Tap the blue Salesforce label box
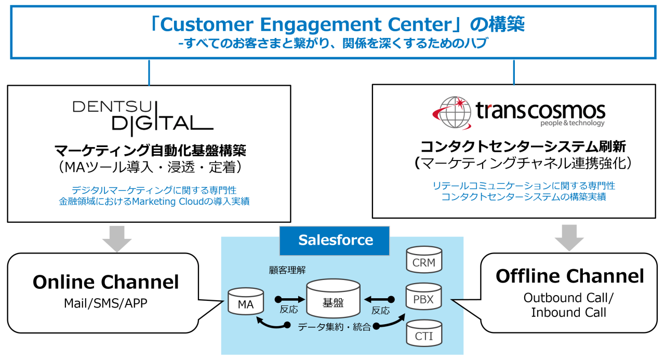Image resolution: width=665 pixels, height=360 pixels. point(335,240)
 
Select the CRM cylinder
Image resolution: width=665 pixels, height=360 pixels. point(423,260)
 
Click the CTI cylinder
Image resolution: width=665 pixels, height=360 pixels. point(423,334)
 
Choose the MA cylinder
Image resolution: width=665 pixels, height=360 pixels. point(245,302)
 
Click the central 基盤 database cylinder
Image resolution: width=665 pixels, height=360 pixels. point(333,299)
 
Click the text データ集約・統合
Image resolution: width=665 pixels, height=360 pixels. point(335,326)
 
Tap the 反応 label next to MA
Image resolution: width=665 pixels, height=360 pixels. point(288,310)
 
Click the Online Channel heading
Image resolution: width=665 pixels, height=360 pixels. point(105,282)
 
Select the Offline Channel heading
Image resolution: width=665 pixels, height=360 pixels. point(569,276)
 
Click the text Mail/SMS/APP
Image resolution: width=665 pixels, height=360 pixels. point(105,303)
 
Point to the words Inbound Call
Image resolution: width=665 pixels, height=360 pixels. point(568,313)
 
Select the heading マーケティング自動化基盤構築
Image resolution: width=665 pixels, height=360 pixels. point(150,151)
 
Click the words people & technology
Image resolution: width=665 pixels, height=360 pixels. point(572,124)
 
